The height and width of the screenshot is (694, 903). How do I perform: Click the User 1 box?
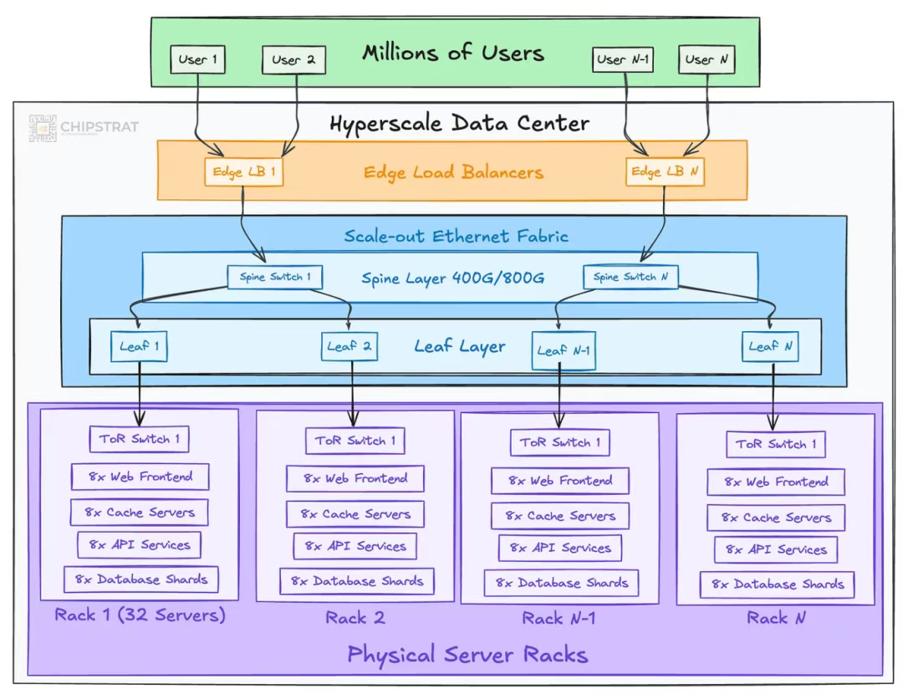197,59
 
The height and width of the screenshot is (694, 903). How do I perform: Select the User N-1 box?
623,59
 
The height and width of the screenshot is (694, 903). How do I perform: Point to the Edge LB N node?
665,171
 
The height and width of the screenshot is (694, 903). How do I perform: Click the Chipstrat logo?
84,127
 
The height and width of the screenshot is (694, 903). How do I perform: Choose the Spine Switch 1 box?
275,277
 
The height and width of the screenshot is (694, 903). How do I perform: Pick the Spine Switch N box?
630,277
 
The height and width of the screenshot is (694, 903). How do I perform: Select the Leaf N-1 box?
563,350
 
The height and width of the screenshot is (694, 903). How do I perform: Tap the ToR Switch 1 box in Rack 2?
355,441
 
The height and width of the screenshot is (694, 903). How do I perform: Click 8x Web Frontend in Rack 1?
140,477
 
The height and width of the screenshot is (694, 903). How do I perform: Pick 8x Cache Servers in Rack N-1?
559,516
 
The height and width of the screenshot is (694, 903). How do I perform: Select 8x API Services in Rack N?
775,549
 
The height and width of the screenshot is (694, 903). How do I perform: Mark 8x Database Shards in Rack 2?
356,581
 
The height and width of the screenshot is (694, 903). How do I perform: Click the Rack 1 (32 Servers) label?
140,616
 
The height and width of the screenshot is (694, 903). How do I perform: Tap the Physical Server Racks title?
467,654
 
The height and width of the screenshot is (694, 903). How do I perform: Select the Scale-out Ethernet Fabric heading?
456,236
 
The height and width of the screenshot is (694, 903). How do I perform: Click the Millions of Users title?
452,54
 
